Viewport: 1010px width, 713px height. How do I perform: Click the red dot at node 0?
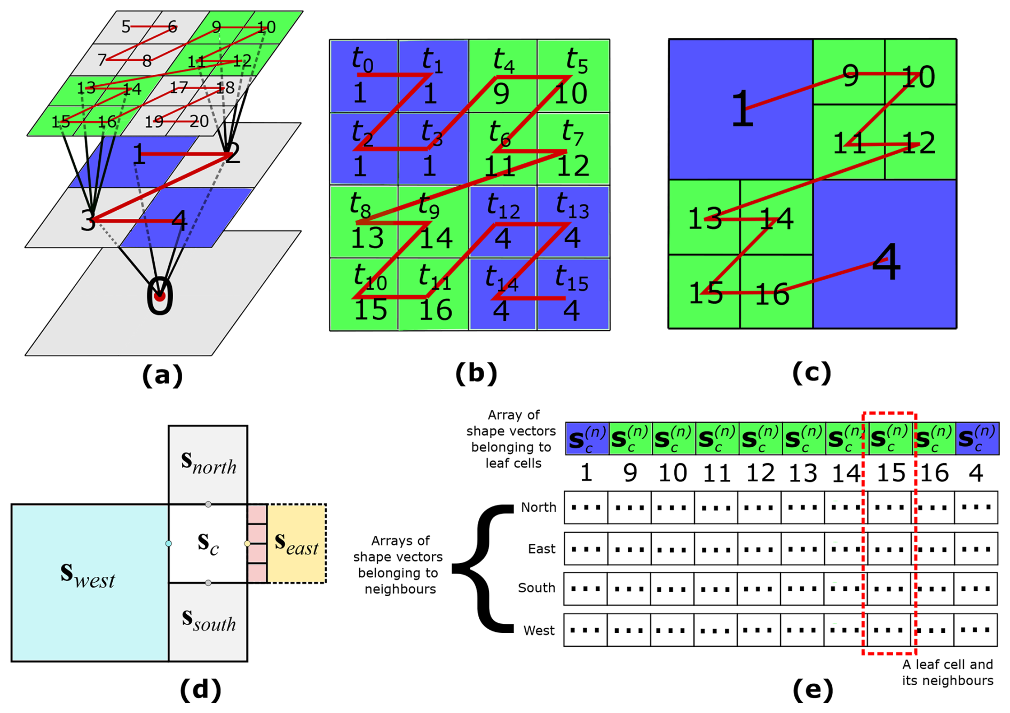[159, 296]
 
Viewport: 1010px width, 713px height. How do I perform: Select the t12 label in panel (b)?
[503, 206]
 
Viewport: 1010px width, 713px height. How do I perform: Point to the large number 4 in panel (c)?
[886, 263]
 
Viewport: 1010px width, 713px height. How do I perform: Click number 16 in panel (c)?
[772, 294]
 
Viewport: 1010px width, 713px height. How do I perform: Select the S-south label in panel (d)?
[208, 620]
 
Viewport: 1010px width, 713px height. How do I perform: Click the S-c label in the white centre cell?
[208, 543]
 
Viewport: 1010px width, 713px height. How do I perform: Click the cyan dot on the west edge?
[169, 544]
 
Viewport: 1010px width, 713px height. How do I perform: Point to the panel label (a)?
[162, 375]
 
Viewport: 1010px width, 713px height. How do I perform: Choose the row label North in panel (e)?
[538, 507]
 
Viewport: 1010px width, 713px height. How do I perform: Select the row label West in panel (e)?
[539, 630]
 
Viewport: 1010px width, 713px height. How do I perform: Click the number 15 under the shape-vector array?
[891, 473]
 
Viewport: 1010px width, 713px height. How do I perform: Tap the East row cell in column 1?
[586, 549]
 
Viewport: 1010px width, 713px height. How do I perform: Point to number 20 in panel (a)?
[199, 122]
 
